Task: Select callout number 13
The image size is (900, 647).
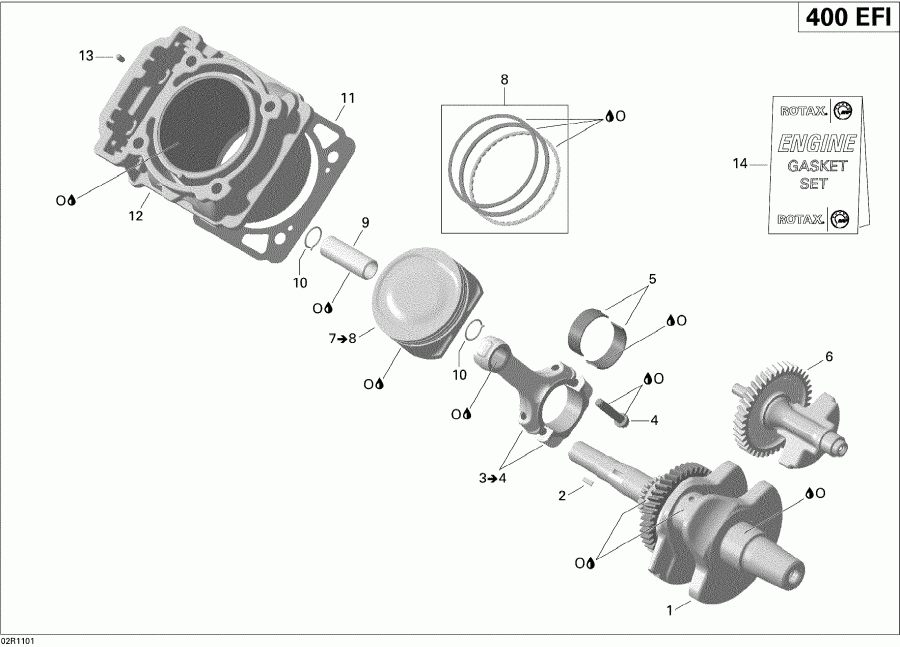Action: (86, 54)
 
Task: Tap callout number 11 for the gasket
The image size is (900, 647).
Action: (347, 98)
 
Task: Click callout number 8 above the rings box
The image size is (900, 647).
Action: (504, 79)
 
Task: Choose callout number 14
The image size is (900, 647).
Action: (739, 163)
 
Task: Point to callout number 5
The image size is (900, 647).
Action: (651, 279)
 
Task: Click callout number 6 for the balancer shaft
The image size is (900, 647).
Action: (828, 355)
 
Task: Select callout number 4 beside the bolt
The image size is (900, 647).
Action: (654, 420)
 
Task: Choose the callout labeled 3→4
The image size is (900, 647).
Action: (491, 479)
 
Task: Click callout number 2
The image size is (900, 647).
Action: (563, 494)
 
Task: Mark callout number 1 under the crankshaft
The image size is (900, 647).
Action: (670, 607)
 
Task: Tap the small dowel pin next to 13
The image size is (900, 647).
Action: (117, 57)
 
